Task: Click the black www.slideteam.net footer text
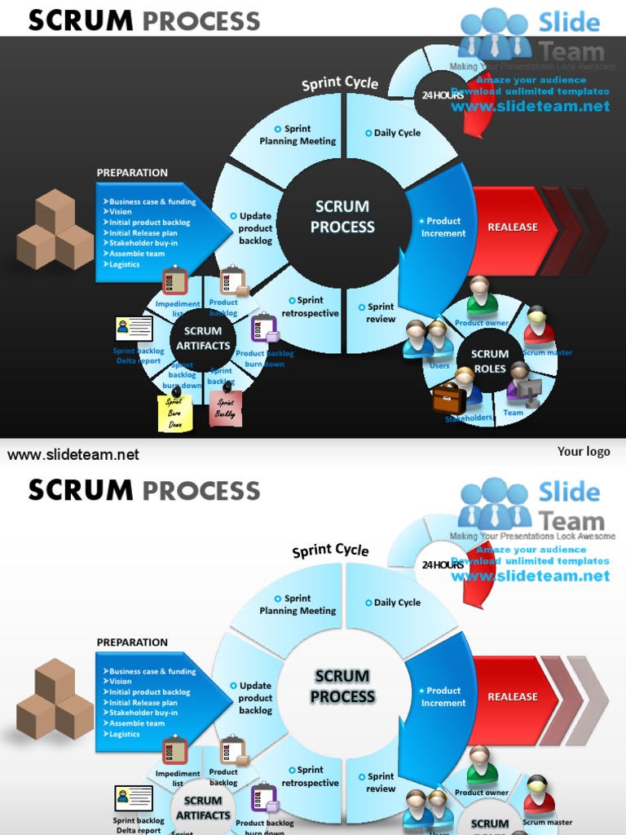73,455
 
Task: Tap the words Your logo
584,451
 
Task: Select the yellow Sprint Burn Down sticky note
174,413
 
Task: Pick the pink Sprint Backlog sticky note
225,408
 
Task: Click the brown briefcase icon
448,399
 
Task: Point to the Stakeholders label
469,418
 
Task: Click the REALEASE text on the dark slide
513,228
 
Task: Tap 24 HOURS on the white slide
443,564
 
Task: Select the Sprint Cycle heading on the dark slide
340,83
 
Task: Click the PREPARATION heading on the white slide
132,643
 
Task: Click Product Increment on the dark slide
443,228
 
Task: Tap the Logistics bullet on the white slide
125,734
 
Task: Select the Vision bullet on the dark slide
120,212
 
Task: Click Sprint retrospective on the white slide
310,776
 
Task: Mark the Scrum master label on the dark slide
548,353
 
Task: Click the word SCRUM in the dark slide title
81,21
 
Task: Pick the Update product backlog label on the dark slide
254,228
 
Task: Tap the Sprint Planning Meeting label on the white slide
298,604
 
